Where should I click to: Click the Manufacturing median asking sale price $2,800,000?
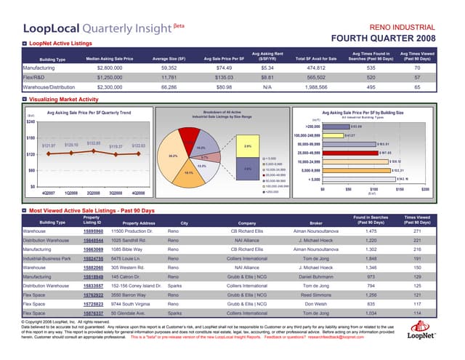pyautogui.click(x=108, y=67)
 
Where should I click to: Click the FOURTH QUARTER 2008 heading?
pyautogui.click(x=384, y=37)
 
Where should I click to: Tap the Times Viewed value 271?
pyautogui.click(x=417, y=230)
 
